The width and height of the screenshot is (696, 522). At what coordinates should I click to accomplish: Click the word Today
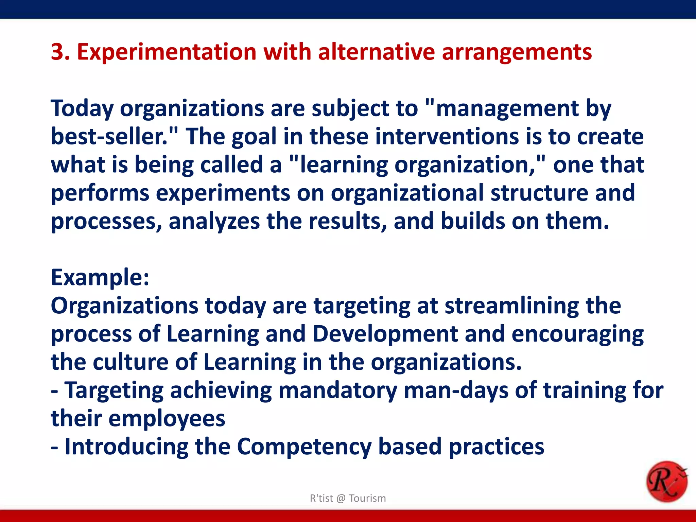tap(82, 109)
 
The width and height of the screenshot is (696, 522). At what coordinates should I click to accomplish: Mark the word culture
tap(131, 362)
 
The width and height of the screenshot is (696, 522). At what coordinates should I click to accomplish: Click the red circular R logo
tap(666, 481)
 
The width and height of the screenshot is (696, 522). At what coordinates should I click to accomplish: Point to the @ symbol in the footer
tap(341, 498)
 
